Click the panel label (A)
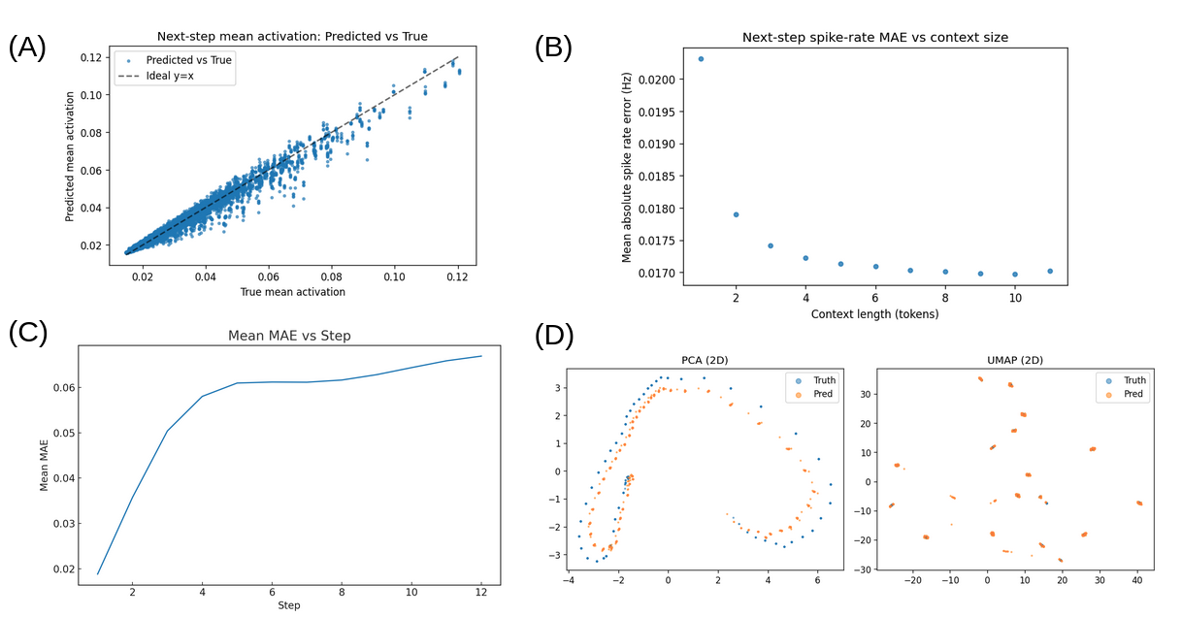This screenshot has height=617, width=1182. [27, 49]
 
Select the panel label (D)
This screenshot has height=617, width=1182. [554, 336]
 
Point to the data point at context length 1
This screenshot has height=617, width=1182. [701, 59]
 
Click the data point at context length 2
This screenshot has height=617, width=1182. [736, 214]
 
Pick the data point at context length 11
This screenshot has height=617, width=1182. [1050, 272]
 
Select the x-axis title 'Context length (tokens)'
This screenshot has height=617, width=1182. [874, 313]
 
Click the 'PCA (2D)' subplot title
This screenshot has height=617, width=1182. [706, 360]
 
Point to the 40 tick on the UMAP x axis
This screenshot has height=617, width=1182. [1137, 582]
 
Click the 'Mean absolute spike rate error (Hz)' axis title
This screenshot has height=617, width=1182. [627, 167]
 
